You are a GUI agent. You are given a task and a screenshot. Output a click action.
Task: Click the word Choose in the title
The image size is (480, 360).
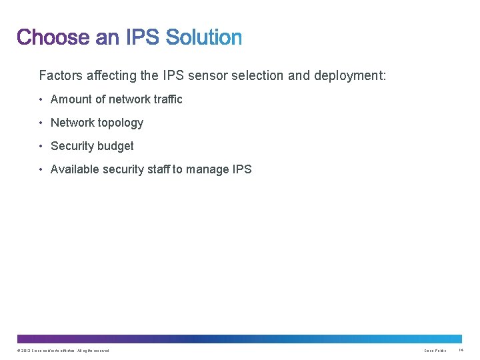pyautogui.click(x=53, y=37)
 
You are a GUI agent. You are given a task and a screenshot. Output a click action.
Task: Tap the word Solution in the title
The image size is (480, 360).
pyautogui.click(x=203, y=37)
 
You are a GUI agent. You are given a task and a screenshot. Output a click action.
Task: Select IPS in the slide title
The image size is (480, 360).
pyautogui.click(x=143, y=37)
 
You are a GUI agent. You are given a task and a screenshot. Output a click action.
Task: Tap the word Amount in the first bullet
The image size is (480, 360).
pyautogui.click(x=71, y=99)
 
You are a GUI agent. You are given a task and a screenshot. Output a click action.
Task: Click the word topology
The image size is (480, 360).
pyautogui.click(x=121, y=123)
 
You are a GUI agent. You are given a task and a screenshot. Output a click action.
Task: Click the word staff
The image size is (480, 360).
pyautogui.click(x=158, y=169)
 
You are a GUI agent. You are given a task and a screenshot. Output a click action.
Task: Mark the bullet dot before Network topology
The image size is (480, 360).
pyautogui.click(x=41, y=123)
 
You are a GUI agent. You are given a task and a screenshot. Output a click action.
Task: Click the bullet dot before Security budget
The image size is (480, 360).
pyautogui.click(x=41, y=147)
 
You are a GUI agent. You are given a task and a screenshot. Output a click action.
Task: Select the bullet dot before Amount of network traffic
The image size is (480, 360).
pyautogui.click(x=41, y=100)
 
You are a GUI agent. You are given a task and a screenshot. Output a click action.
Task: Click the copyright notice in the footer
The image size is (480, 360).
pyautogui.click(x=63, y=351)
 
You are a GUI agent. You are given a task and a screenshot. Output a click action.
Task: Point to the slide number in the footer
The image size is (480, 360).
pyautogui.click(x=461, y=351)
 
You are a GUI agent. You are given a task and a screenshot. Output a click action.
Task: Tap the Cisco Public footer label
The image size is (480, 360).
pyautogui.click(x=435, y=351)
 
